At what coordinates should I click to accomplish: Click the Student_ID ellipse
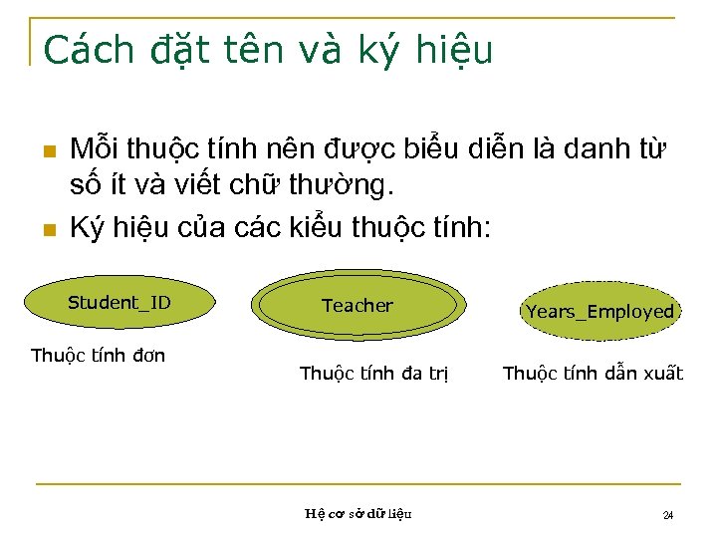[119, 303]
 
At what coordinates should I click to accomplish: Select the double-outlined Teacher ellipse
[358, 306]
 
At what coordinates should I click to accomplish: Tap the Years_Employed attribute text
[599, 312]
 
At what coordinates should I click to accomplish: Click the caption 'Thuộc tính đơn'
[99, 355]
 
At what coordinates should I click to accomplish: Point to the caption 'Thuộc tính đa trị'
[374, 374]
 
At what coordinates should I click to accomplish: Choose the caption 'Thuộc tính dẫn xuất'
[593, 374]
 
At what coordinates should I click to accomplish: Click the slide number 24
[668, 515]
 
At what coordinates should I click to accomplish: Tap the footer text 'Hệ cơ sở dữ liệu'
[358, 514]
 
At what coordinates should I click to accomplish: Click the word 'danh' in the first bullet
[593, 151]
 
